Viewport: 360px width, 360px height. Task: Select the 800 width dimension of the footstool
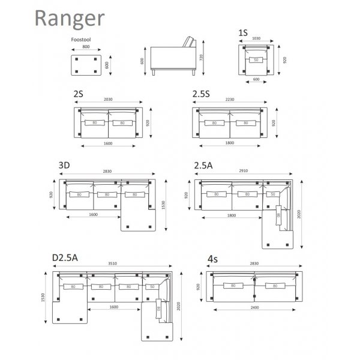(86, 46)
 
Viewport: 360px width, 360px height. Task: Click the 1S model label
(243, 33)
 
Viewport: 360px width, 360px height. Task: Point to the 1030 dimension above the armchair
(256, 39)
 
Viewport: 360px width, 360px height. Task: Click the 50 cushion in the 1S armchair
(256, 60)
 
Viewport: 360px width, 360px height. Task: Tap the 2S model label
(78, 94)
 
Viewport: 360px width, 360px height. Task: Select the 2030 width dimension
(108, 100)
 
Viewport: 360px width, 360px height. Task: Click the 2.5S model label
(202, 94)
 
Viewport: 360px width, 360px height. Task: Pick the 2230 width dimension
(230, 100)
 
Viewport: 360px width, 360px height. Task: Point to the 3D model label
(65, 164)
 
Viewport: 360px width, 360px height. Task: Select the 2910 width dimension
(243, 171)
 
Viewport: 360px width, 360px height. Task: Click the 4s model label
(212, 259)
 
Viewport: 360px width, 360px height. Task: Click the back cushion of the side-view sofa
(191, 44)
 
